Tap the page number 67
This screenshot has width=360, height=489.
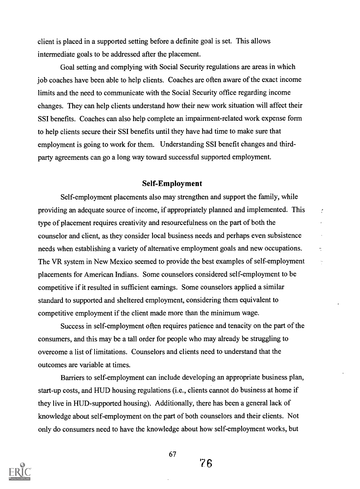pos(172,454)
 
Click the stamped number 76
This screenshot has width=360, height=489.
pos(206,463)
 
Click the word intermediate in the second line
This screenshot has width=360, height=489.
pos(54,54)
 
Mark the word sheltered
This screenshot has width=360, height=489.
pos(123,300)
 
